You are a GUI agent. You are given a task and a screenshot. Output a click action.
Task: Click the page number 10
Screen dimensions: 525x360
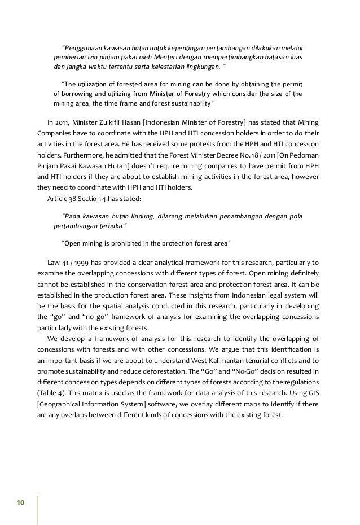20,502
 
